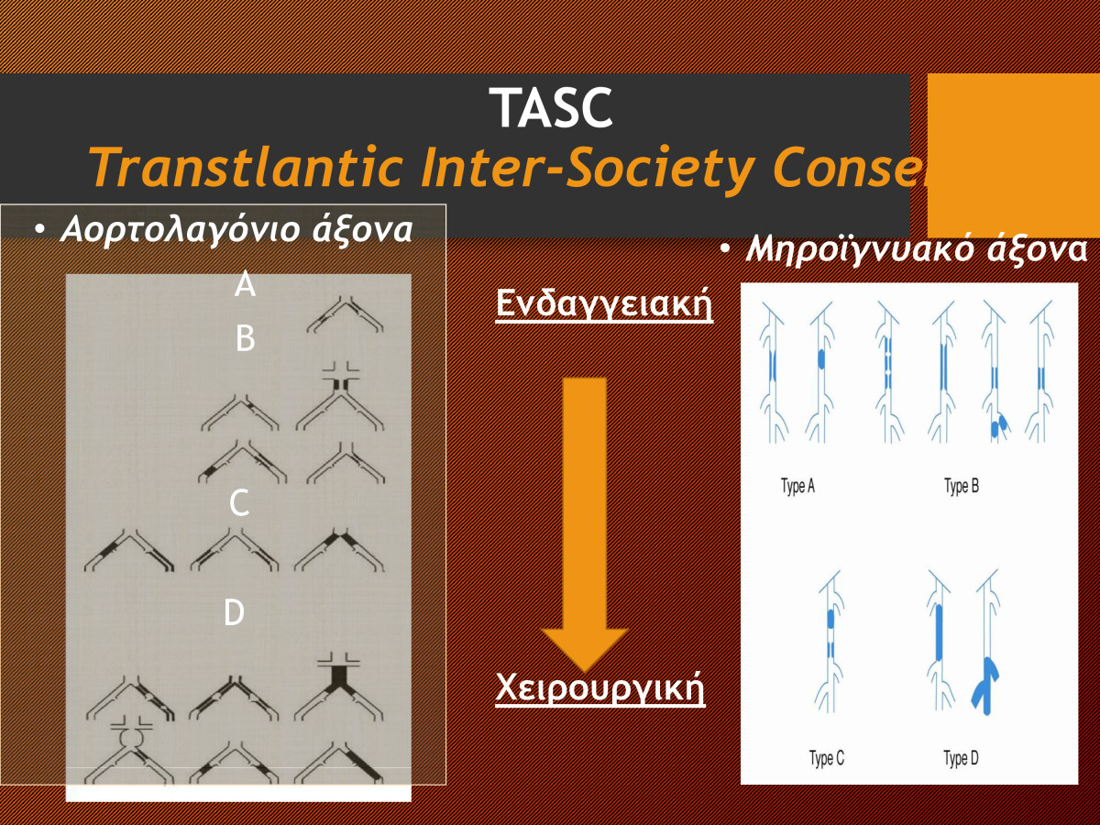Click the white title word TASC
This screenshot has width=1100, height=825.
tap(551, 107)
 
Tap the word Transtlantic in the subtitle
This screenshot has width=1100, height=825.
tap(246, 166)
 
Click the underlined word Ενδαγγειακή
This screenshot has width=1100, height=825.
tap(604, 303)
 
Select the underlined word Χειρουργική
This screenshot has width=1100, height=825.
tap(599, 688)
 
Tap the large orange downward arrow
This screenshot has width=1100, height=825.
tap(584, 523)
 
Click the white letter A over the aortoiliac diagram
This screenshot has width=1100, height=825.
tap(245, 284)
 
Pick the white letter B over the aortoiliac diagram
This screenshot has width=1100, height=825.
tap(245, 338)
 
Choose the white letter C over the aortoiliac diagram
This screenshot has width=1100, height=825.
tap(239, 503)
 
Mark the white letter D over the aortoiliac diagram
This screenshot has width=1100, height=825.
tap(234, 612)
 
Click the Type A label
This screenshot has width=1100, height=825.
tap(797, 486)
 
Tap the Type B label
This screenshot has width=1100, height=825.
tap(962, 486)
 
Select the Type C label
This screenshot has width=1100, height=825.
tap(827, 758)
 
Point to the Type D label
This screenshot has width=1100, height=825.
tap(961, 758)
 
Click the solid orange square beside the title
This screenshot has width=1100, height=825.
tap(1013, 155)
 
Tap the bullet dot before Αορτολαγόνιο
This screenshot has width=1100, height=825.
tap(39, 230)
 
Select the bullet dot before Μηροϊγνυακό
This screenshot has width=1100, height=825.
tap(725, 249)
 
